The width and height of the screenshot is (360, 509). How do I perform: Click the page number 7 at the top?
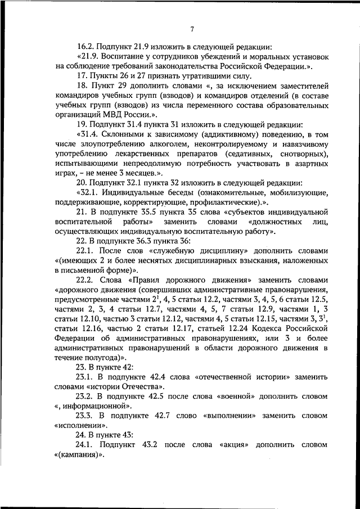(192, 30)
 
